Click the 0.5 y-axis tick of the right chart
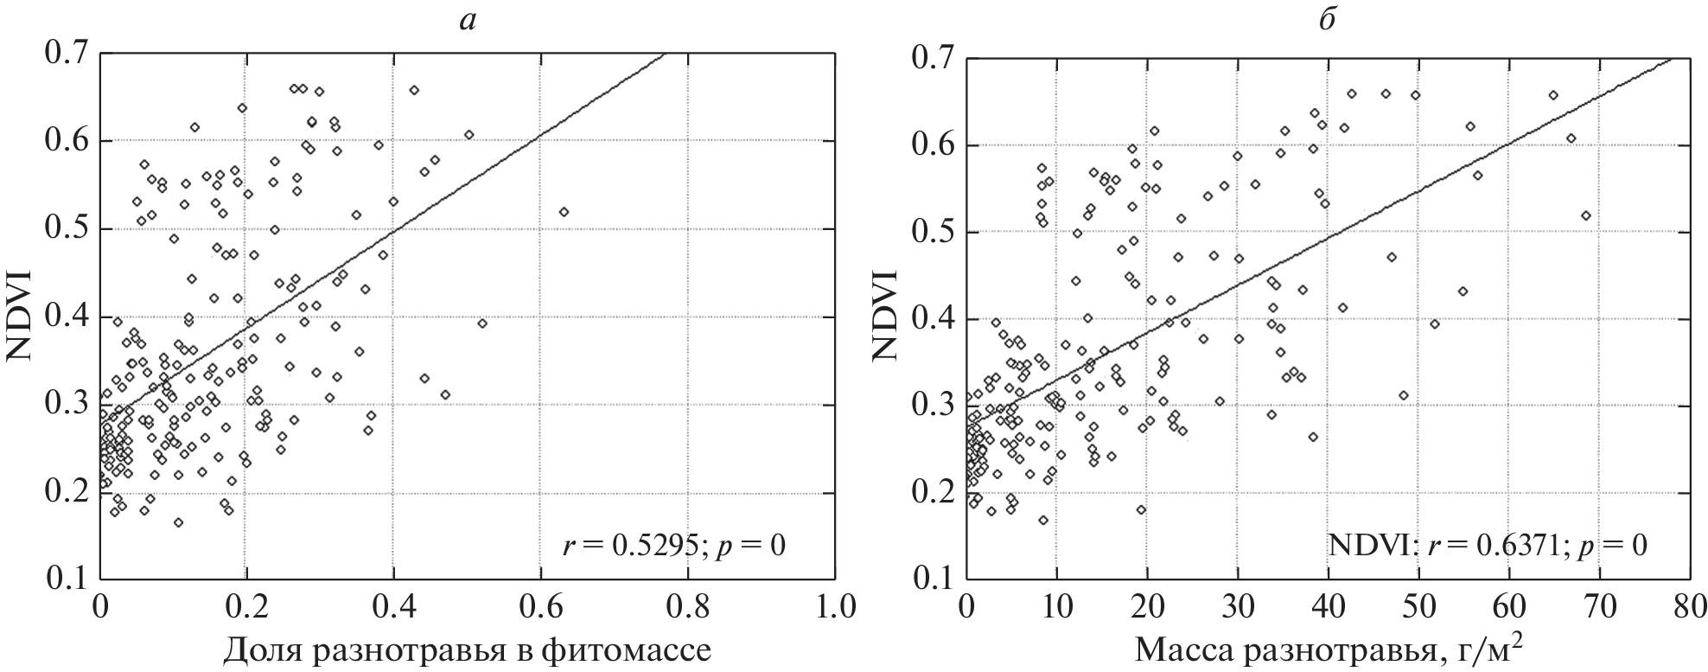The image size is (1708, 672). click(x=933, y=232)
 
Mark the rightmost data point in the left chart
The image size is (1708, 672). click(x=564, y=212)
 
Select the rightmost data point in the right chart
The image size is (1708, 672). click(x=1585, y=215)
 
